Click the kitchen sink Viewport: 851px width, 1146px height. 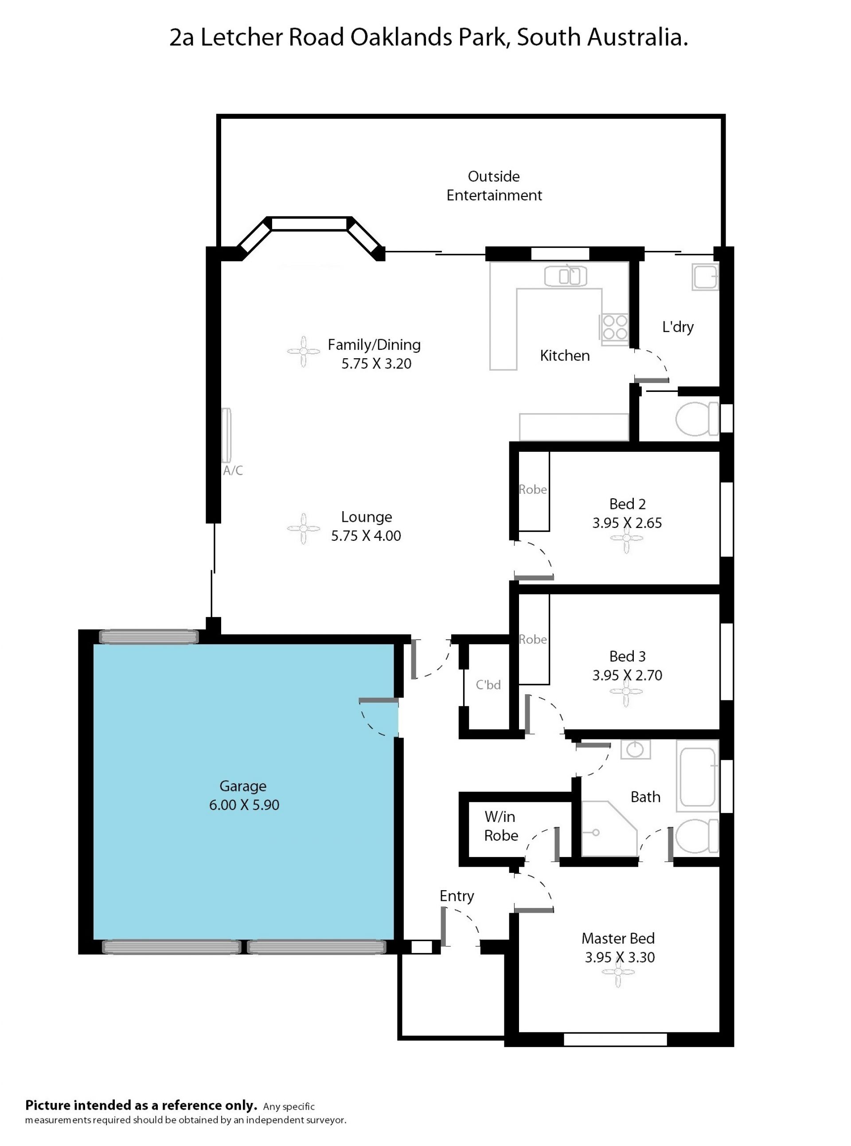565,276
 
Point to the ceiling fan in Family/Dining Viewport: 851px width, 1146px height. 304,352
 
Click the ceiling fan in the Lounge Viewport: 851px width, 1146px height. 304,528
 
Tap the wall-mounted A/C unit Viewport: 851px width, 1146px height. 226,435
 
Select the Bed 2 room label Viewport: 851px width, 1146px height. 628,504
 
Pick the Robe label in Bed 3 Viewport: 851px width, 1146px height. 533,639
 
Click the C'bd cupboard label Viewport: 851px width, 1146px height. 488,684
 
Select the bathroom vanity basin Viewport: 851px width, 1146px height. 635,749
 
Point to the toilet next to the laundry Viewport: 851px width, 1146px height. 696,419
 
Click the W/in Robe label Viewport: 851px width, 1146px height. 501,826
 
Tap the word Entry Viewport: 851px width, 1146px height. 457,896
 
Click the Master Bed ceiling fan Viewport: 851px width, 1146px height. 618,972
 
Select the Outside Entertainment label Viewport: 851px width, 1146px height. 494,185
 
